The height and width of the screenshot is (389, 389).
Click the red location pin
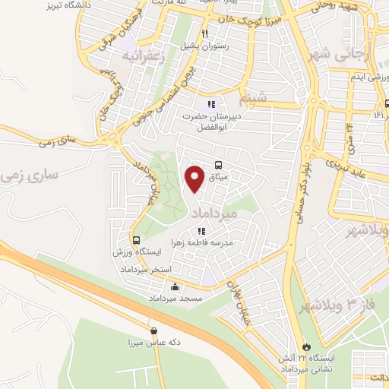[194, 179]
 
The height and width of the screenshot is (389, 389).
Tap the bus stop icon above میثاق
[219, 165]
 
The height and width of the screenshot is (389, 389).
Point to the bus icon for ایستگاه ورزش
[134, 240]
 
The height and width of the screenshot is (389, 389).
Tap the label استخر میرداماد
[147, 270]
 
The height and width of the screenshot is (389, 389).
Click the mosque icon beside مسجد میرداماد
[176, 287]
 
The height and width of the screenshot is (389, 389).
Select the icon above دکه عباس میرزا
[155, 330]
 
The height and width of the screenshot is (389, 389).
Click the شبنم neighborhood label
[252, 100]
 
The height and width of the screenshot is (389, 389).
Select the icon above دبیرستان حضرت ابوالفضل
[210, 104]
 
